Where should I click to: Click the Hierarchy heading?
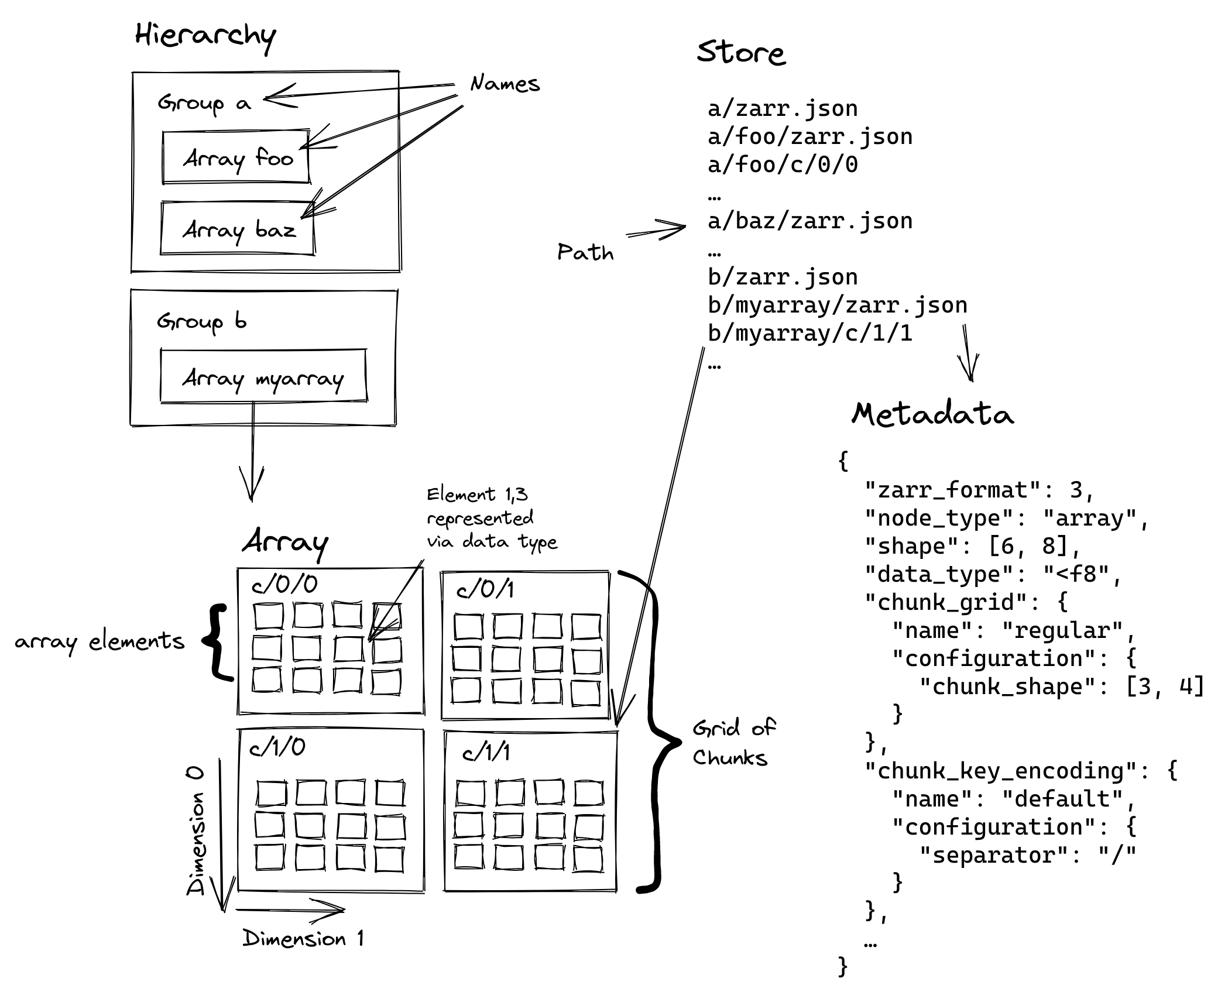point(205,36)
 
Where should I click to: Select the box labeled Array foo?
point(236,157)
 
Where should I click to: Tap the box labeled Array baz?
point(238,229)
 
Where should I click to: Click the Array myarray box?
point(263,377)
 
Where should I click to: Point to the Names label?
point(505,84)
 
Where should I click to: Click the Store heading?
point(740,53)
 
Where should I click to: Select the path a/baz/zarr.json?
point(809,221)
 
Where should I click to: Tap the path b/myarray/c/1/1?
point(809,334)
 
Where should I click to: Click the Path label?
point(585,252)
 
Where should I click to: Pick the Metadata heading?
point(932,414)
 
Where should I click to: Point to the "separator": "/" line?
point(1027,855)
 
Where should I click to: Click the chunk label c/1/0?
point(277,747)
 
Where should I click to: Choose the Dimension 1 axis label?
point(303,939)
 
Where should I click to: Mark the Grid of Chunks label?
point(733,743)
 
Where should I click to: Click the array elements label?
point(100,641)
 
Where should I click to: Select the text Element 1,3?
point(477,495)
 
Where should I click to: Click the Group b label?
point(201,322)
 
